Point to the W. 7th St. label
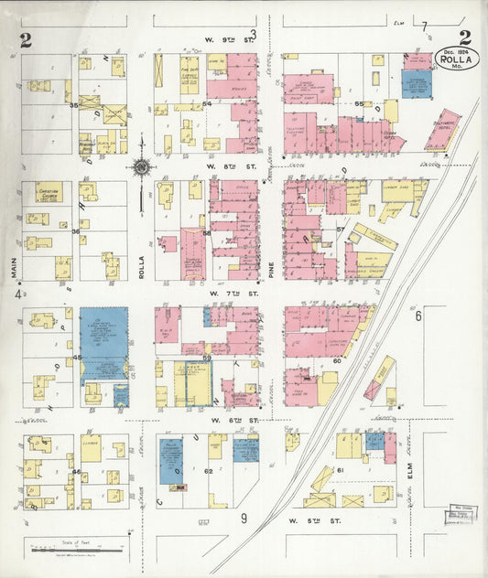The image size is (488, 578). click(x=219, y=294)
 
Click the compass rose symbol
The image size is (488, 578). click(x=141, y=167)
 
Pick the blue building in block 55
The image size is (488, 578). click(x=416, y=83)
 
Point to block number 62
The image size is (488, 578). click(x=208, y=471)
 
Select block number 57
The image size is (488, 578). click(x=340, y=229)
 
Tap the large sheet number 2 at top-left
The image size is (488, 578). click(x=25, y=38)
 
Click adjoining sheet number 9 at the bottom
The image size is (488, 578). click(x=244, y=519)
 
